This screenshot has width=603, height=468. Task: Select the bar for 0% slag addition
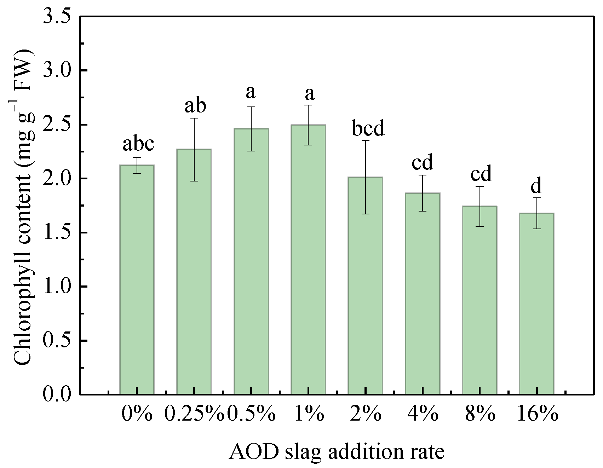[137, 279]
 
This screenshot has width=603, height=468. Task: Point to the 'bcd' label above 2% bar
[368, 129]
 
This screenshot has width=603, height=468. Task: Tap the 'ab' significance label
[195, 106]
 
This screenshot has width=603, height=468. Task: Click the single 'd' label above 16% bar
[537, 186]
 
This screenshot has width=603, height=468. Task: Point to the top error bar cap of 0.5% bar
[251, 107]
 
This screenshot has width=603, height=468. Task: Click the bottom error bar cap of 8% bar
[479, 226]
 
